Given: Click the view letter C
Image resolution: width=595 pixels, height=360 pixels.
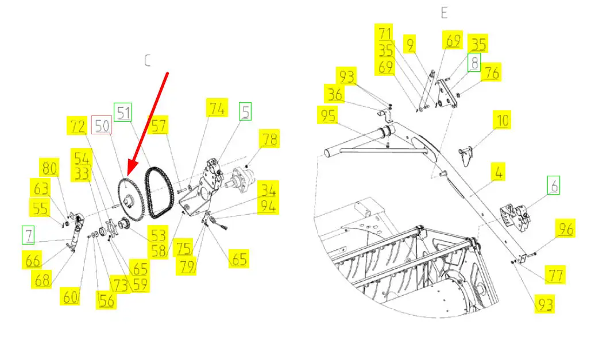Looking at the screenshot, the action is pos(148,61).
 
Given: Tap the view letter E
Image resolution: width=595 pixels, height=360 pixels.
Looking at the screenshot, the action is pos(445,13).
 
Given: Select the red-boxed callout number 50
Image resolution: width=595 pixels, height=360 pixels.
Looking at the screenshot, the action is pos(102,126).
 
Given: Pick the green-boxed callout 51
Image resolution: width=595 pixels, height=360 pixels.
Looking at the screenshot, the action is pos(123,113).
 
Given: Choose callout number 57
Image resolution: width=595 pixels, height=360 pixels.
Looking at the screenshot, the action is pos(159,125).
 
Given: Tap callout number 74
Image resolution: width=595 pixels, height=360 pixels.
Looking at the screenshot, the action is pos(217,108).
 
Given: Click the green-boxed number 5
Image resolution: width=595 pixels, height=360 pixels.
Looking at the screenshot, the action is pos(245,111).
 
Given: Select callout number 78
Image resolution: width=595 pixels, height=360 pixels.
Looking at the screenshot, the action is pos(269,139).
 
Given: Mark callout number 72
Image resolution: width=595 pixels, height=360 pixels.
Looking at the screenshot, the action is pos(77,126).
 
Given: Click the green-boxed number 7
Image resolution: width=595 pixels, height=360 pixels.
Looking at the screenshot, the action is pos(28,235).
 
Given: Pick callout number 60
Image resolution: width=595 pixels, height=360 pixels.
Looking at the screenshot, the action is pos(70,296).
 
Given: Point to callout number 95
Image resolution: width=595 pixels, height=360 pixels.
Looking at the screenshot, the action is pos(328,115).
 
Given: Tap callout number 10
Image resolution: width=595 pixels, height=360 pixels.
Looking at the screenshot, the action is pos(501,120).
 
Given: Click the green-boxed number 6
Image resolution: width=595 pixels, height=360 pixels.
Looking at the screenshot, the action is pos(553,185).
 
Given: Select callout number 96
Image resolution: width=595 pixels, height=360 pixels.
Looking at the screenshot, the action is pos(565,229).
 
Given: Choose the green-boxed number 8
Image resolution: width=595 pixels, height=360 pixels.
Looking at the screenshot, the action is pos(474,62).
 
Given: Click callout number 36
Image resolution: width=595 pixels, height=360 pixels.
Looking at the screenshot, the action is pos(335,94).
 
